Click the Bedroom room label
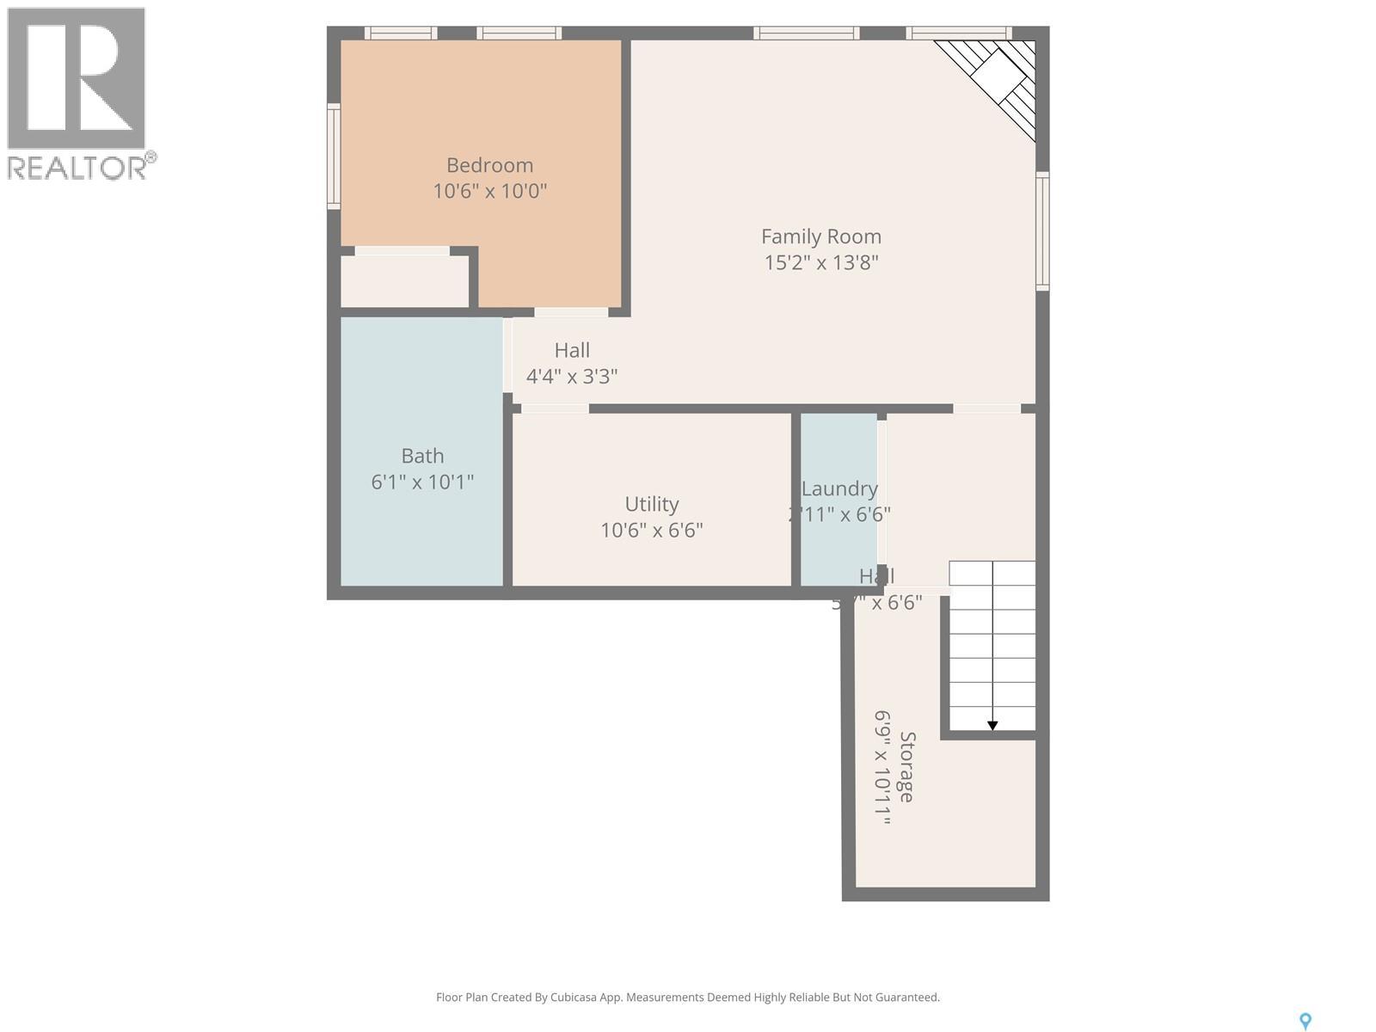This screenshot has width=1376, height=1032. (489, 165)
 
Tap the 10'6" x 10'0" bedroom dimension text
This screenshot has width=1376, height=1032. (489, 191)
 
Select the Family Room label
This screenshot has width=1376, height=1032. (820, 236)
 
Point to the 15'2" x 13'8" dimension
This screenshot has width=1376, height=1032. (820, 262)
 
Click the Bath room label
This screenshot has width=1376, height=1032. (422, 456)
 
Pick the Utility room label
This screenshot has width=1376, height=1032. (651, 504)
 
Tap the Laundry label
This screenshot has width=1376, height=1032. (838, 488)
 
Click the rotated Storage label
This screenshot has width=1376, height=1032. (906, 766)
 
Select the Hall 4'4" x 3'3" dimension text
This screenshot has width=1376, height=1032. (572, 376)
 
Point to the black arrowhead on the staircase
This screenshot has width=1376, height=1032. (992, 726)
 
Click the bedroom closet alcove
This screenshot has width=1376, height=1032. (404, 280)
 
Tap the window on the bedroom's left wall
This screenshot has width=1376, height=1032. (334, 156)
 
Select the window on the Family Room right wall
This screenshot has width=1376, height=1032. (1042, 230)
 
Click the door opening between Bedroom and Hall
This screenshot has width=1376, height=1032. (571, 312)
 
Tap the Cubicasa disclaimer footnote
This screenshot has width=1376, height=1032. (687, 998)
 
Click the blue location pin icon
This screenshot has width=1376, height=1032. (1305, 1021)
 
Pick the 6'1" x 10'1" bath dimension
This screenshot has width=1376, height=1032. (422, 482)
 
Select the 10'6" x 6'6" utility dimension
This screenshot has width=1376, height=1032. (651, 530)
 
